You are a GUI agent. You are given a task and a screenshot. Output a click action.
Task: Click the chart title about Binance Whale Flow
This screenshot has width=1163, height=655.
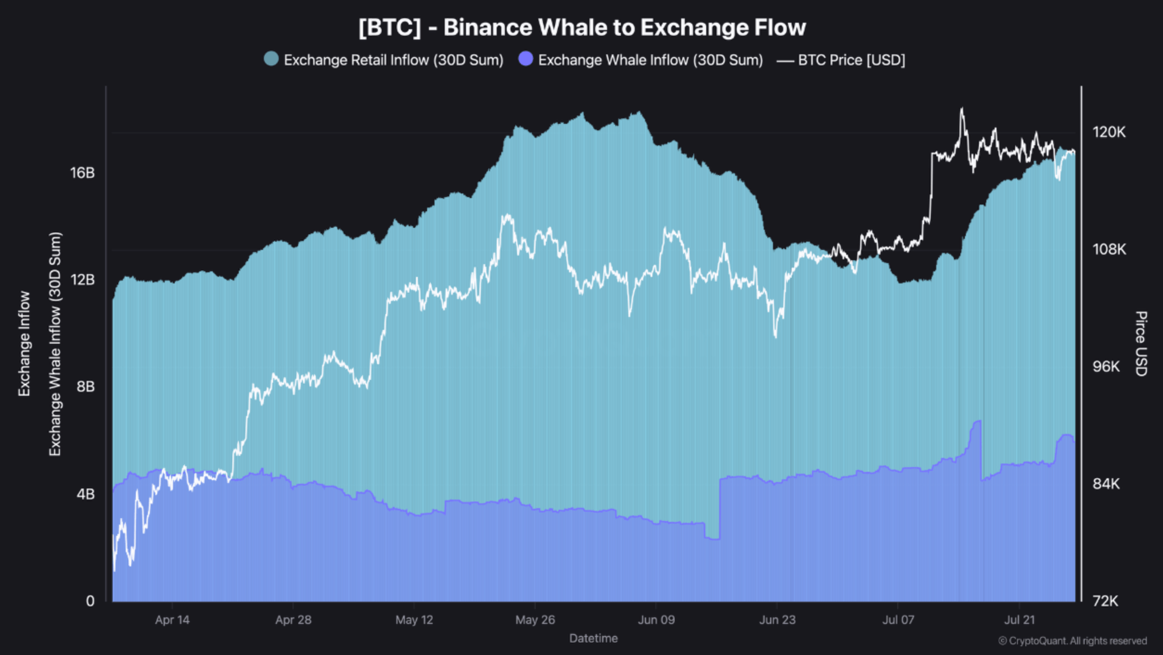pos(582,27)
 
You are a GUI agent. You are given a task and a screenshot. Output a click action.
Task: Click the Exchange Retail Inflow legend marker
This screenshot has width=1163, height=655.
pos(271,59)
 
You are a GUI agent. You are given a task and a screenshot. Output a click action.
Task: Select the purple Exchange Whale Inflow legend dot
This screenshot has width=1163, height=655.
pos(525,59)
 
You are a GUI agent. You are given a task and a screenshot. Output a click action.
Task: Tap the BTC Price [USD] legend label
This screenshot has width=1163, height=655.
pos(851,60)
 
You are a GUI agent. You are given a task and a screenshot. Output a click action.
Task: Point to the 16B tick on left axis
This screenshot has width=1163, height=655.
pos(83,173)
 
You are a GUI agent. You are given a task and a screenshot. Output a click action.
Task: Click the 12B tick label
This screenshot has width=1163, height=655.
pos(83,280)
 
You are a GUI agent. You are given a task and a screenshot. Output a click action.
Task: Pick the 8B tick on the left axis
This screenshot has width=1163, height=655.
pos(85,386)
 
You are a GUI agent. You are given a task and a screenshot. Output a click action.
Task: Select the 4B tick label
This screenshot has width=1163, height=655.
pos(85,494)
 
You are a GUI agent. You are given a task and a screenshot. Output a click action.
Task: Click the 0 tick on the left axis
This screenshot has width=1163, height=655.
pos(90,601)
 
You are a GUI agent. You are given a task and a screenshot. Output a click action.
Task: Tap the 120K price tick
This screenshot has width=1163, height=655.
pos(1109,132)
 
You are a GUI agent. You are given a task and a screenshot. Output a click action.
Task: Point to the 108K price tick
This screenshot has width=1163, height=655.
pos(1109,250)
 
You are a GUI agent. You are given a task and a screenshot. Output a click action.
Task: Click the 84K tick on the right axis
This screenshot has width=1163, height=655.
pos(1106,484)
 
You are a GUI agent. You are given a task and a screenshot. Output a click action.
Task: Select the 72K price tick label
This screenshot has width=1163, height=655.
pos(1106,601)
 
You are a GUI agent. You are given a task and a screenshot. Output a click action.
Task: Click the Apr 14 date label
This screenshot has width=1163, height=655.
pos(172,620)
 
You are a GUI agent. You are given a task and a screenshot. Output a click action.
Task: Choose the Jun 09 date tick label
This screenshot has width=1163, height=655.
pos(656,620)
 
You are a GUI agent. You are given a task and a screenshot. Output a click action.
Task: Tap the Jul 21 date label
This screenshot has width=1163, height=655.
pos(1019,620)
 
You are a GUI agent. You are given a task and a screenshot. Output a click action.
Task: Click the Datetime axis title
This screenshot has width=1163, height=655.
pos(593,638)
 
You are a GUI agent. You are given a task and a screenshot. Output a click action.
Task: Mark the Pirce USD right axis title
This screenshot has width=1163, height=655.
pos(1141,344)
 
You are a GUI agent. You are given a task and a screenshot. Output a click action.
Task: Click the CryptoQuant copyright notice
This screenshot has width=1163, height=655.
pos(1072,641)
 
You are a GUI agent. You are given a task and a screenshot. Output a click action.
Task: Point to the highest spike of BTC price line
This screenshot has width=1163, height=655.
pos(962,109)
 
